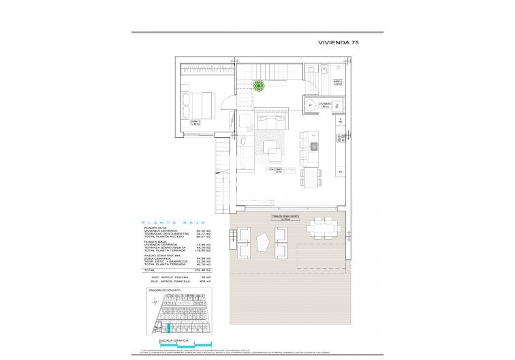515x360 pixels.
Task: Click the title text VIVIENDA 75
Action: coord(339,42)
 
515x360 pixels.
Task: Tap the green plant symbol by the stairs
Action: coord(259,85)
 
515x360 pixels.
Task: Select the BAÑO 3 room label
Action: coord(338,83)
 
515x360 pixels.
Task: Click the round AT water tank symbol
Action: coord(311,106)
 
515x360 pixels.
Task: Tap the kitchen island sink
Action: coord(313,146)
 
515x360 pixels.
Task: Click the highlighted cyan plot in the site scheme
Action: coord(162,328)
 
